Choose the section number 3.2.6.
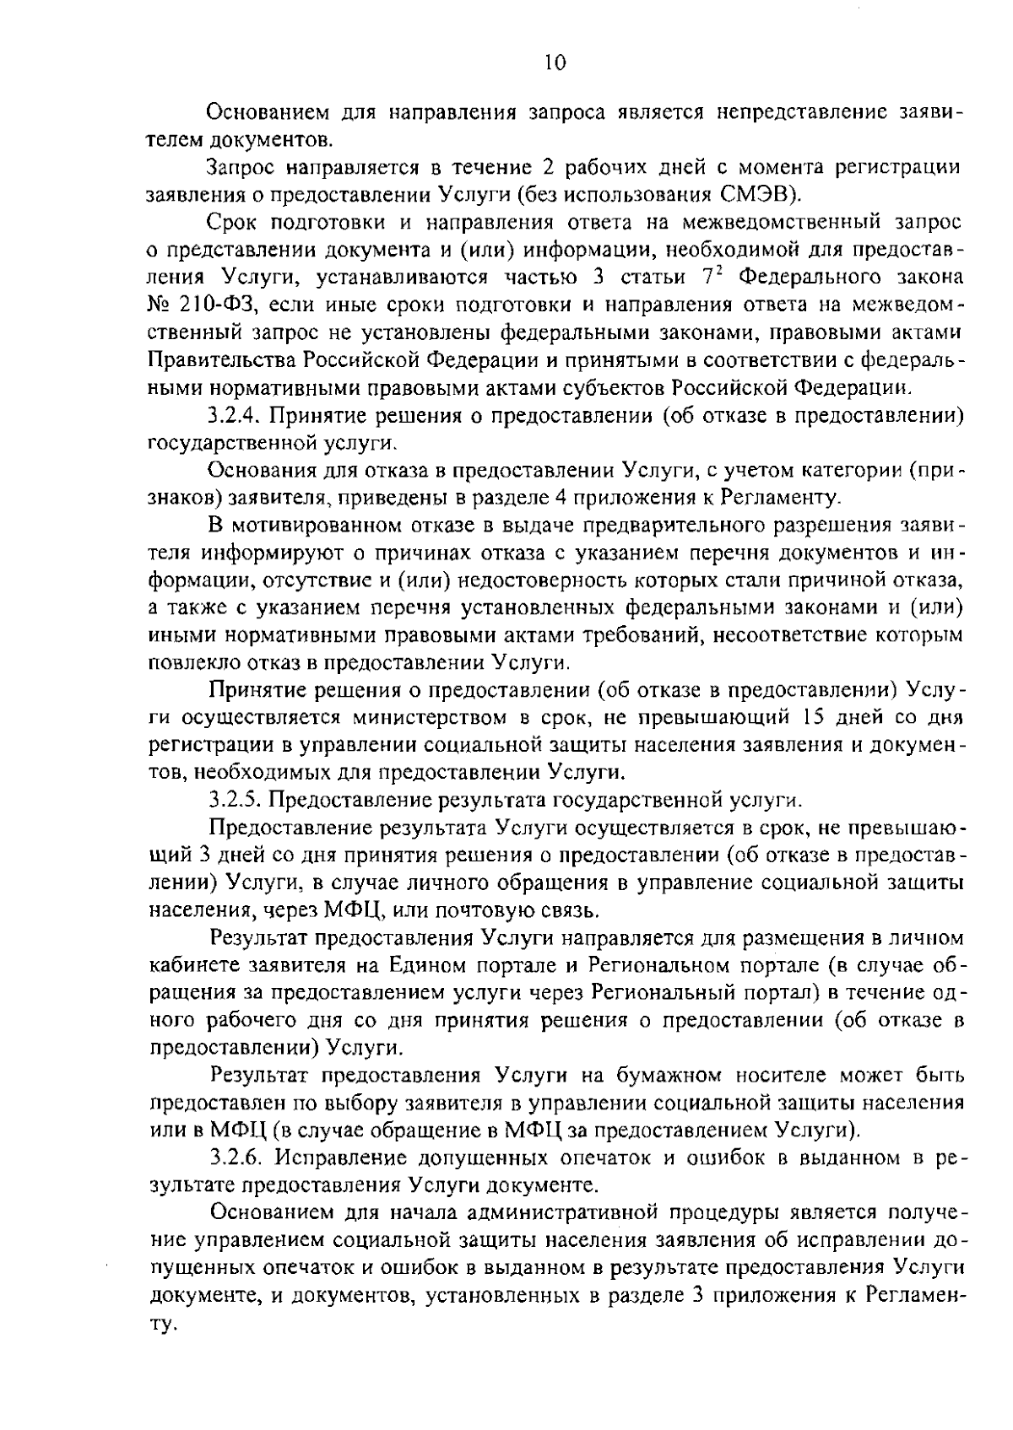pyautogui.click(x=237, y=1157)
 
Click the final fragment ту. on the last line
pyautogui.click(x=161, y=1324)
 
